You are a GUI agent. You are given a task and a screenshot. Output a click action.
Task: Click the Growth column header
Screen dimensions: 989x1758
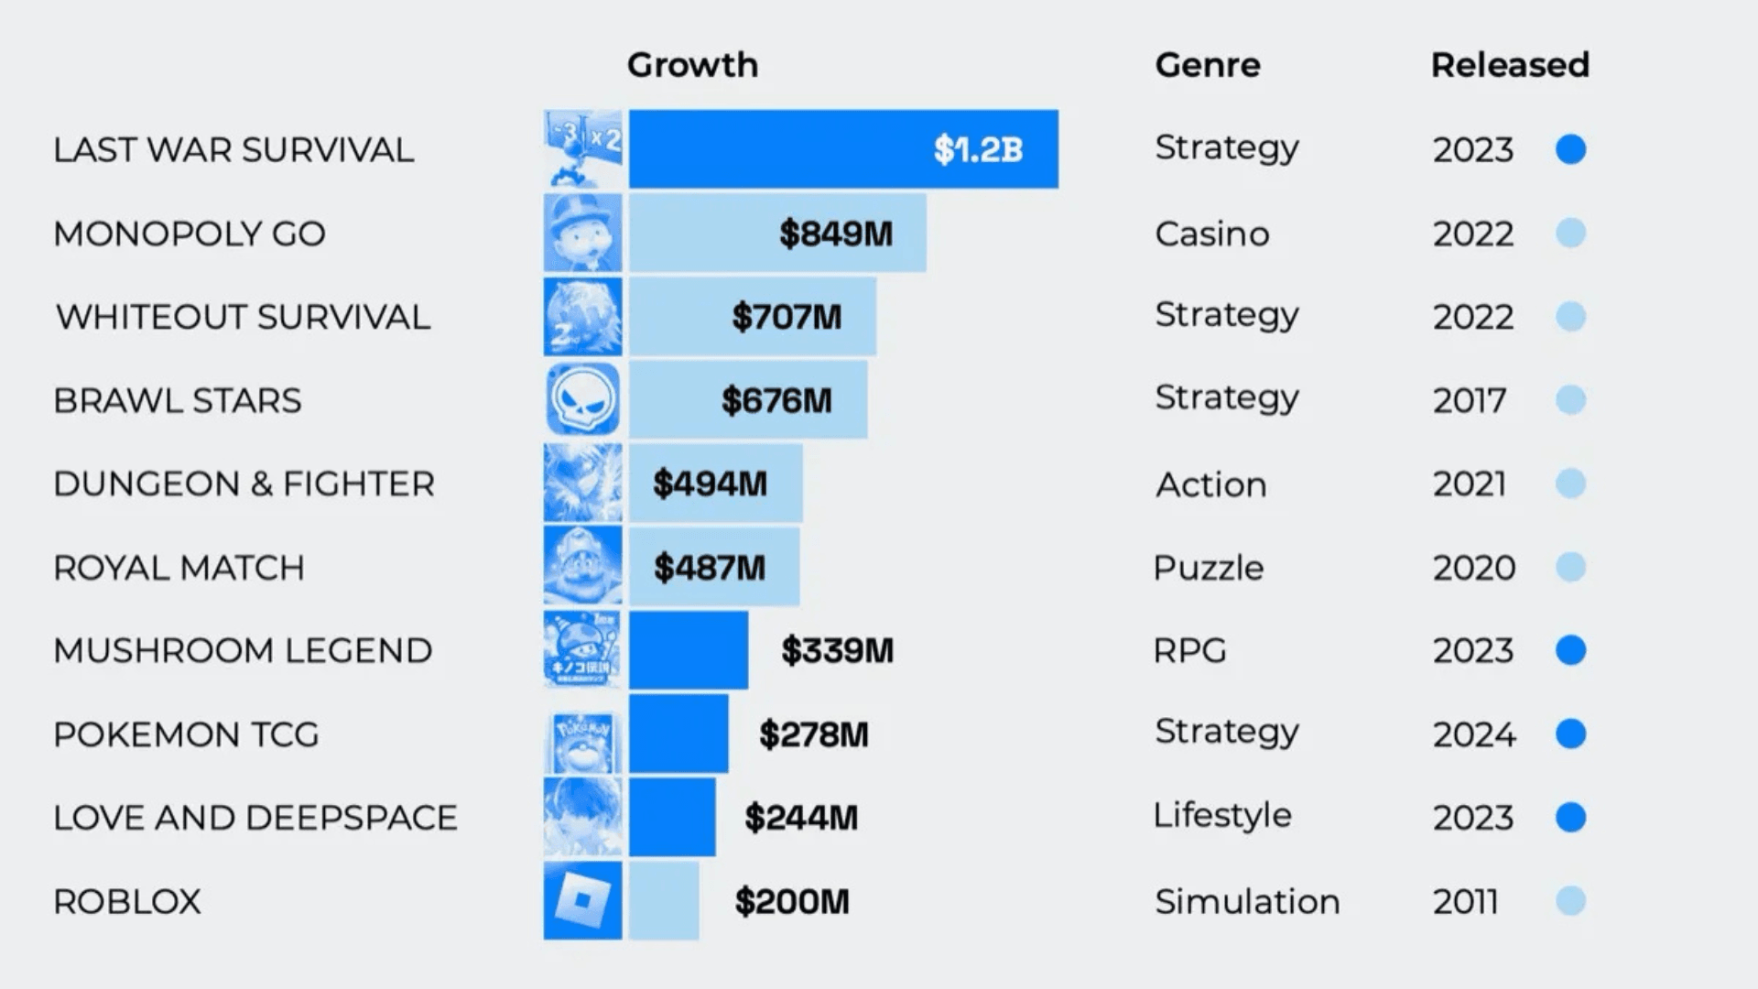click(x=692, y=65)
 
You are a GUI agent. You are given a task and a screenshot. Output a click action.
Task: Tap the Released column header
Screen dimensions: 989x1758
click(x=1510, y=65)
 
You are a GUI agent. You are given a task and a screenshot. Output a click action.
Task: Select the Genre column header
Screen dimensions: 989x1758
click(x=1208, y=65)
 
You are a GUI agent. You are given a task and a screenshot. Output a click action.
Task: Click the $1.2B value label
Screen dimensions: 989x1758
click(x=978, y=149)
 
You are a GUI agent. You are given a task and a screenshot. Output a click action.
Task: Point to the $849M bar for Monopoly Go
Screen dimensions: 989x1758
click(x=777, y=234)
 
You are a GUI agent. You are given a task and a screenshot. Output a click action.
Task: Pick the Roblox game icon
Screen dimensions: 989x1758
click(x=582, y=900)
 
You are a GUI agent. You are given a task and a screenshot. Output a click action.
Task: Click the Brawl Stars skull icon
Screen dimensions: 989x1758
click(x=582, y=400)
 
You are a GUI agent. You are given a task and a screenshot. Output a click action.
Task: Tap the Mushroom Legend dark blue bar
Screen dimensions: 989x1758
click(x=689, y=650)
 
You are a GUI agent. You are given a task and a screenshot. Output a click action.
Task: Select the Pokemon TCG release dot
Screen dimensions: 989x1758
click(x=1570, y=734)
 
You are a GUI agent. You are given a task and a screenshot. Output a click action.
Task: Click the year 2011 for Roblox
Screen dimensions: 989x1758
click(x=1465, y=902)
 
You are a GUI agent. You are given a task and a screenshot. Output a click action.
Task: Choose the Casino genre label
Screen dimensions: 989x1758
click(x=1212, y=234)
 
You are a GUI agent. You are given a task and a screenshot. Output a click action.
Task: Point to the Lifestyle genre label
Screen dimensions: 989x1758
click(x=1222, y=815)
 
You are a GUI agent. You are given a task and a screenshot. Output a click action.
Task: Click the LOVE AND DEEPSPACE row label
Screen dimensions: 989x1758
click(x=255, y=818)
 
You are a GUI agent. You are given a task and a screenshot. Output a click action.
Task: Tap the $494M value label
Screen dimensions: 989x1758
click(x=710, y=484)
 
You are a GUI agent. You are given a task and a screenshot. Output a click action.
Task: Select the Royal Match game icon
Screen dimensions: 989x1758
click(x=582, y=567)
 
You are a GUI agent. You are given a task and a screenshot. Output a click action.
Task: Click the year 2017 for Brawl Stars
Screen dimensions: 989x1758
click(x=1470, y=401)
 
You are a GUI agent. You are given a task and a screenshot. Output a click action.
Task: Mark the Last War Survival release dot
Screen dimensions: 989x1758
click(x=1570, y=149)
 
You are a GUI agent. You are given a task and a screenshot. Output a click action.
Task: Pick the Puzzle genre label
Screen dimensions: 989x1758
click(x=1209, y=569)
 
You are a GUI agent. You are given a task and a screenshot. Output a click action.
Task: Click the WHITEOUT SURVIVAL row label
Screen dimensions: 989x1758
click(x=243, y=318)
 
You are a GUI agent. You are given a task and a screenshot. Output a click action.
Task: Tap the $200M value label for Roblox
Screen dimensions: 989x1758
click(x=792, y=902)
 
